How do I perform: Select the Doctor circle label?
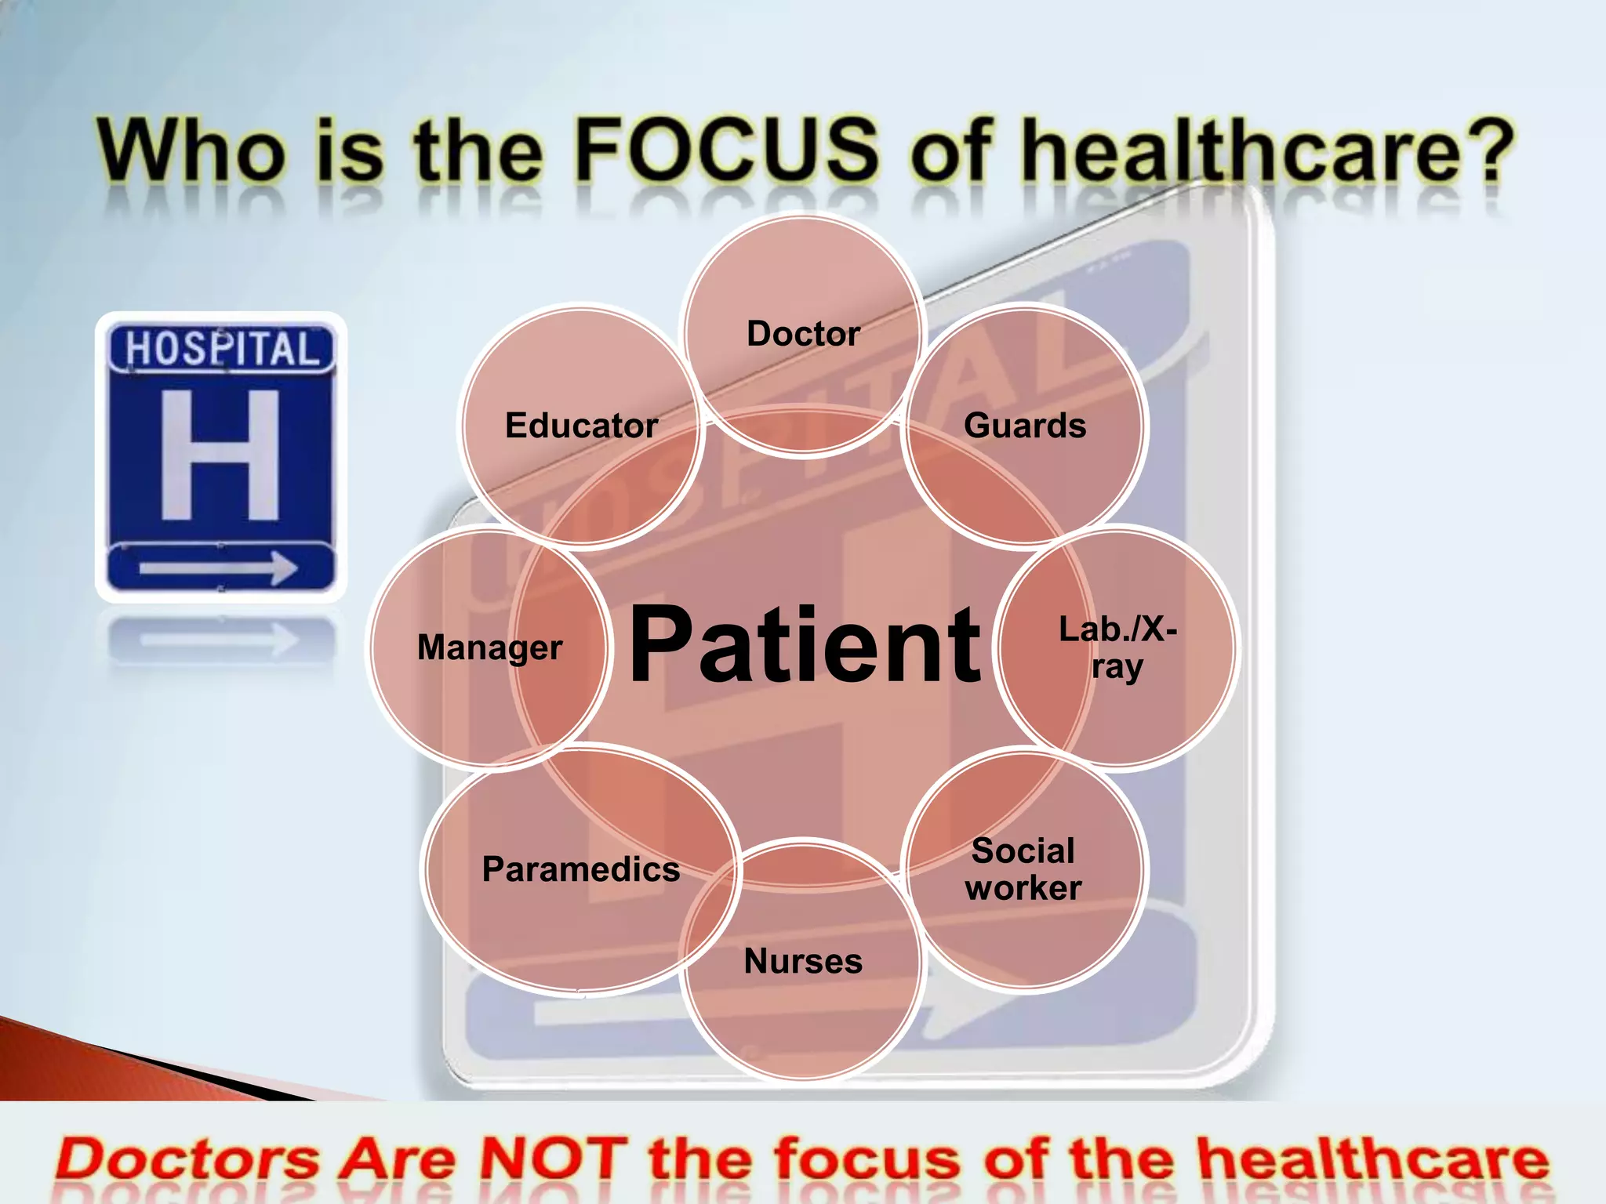point(803,334)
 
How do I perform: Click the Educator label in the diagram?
point(581,426)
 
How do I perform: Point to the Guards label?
point(1025,426)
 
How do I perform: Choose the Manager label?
point(489,648)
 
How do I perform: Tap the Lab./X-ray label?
point(1117,647)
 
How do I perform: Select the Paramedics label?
point(581,869)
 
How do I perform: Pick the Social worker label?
point(1023,869)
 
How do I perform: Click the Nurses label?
point(803,961)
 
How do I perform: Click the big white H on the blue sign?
point(220,455)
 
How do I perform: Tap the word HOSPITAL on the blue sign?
point(222,349)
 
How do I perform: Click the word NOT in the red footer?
point(553,1159)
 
